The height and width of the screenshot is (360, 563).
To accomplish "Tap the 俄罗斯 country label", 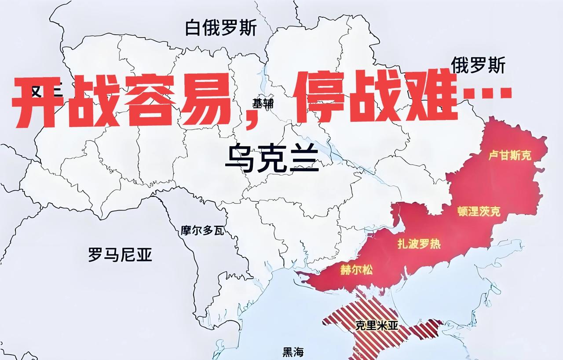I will (x=478, y=66).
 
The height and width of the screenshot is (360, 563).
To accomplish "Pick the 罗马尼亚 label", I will (x=120, y=254).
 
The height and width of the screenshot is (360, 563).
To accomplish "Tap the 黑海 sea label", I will (x=293, y=352).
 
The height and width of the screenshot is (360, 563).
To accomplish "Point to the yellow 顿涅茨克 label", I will (x=479, y=211).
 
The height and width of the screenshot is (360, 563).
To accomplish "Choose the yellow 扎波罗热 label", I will (x=419, y=243).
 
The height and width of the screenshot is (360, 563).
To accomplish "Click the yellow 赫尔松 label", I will (x=356, y=270).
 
